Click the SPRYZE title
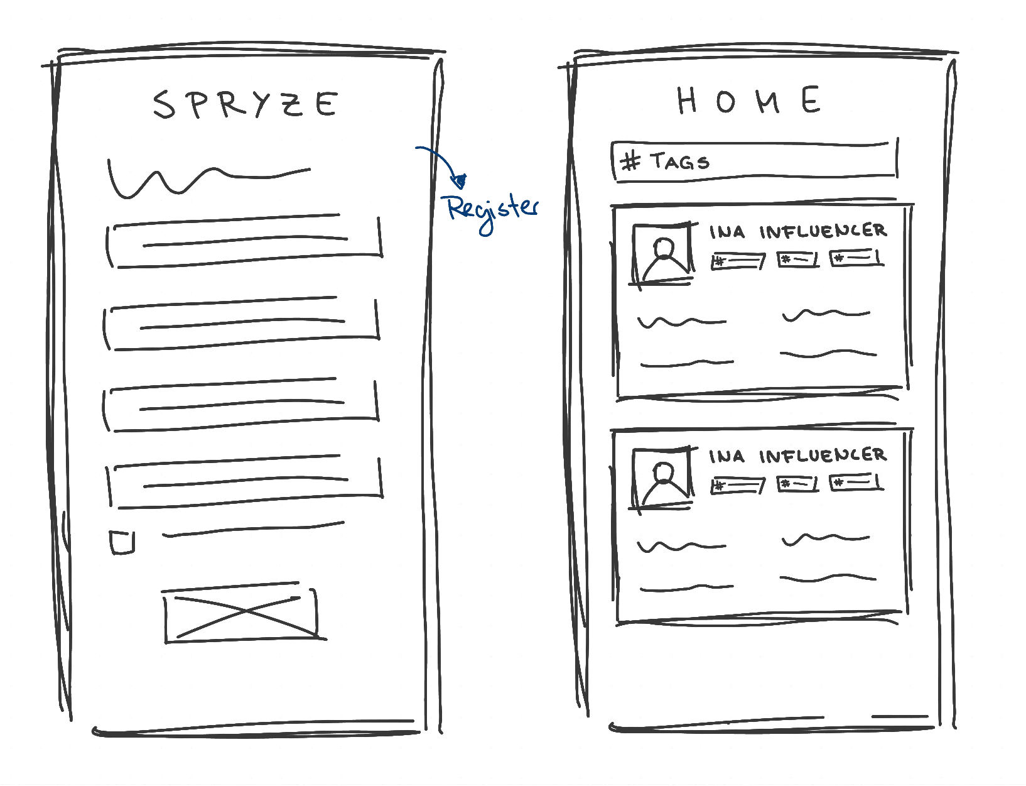tap(246, 104)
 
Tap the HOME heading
tap(749, 100)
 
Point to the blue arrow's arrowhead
tap(460, 181)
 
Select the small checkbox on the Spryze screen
tap(122, 542)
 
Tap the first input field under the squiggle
tap(244, 241)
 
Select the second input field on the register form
tap(241, 324)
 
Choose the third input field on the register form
tap(240, 405)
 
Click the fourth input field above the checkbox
tap(244, 482)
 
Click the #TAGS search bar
tap(755, 161)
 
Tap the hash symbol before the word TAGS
tap(631, 161)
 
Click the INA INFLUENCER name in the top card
tap(798, 231)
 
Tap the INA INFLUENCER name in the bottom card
tap(798, 456)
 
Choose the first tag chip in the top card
tap(738, 261)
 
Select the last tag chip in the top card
tap(856, 258)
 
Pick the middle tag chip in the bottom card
tap(797, 484)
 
